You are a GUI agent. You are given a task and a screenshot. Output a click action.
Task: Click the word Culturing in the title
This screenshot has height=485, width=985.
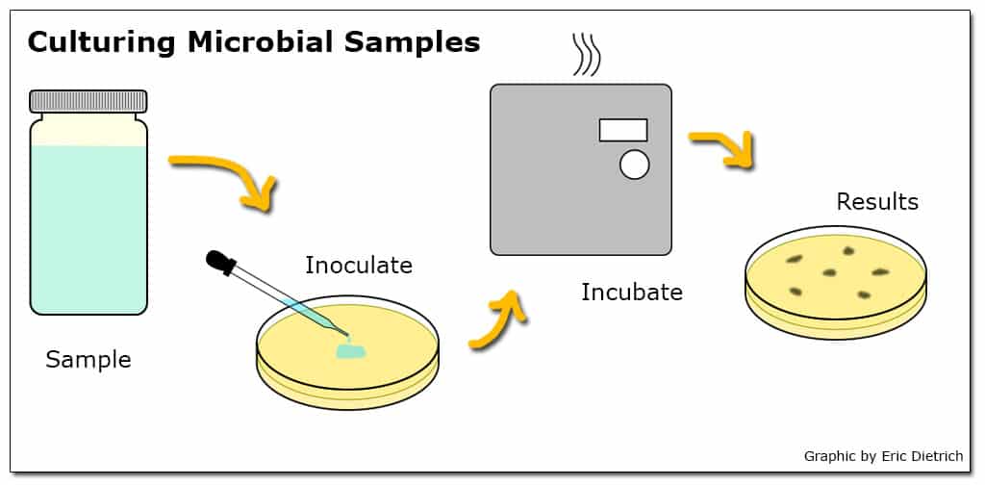click(102, 42)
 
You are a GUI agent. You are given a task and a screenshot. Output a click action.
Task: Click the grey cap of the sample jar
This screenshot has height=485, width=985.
click(88, 101)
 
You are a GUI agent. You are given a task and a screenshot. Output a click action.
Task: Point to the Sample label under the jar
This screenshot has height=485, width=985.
click(88, 361)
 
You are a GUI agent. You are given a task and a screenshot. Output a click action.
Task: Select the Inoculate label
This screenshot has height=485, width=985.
click(359, 266)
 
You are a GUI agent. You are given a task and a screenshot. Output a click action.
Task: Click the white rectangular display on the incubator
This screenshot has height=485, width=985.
click(623, 130)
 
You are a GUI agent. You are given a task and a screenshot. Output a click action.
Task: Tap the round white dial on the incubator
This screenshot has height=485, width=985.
click(635, 165)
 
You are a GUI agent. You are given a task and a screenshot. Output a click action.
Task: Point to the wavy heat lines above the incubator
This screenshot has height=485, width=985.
click(587, 55)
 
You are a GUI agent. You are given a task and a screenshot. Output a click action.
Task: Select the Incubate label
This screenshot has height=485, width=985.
click(632, 293)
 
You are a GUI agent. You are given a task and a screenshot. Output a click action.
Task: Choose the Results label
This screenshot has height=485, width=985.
click(877, 202)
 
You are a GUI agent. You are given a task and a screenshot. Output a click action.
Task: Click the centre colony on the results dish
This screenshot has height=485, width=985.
click(830, 272)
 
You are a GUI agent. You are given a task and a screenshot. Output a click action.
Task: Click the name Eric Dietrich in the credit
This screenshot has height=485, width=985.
click(922, 456)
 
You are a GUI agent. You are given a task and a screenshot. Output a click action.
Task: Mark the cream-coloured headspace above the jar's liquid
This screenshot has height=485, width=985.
click(88, 130)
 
